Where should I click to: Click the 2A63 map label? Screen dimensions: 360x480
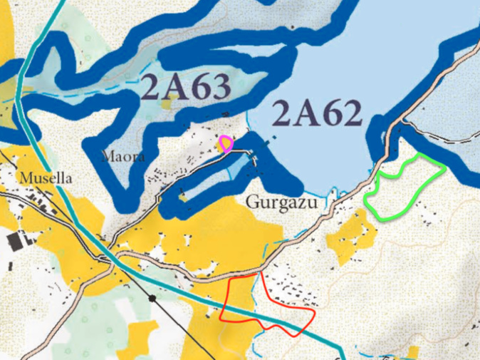tap(187, 88)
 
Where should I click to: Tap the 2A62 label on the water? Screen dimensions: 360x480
tap(317, 115)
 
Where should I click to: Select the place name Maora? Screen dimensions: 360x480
tap(123, 156)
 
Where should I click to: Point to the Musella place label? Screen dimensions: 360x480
tap(46, 178)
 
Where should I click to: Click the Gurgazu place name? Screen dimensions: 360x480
tap(281, 202)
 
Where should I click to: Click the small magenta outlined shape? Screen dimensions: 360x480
tap(226, 144)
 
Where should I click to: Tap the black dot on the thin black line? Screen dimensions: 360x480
tap(152, 296)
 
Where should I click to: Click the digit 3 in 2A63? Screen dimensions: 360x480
tap(221, 88)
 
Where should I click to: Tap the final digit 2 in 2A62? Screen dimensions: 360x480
tap(350, 115)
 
